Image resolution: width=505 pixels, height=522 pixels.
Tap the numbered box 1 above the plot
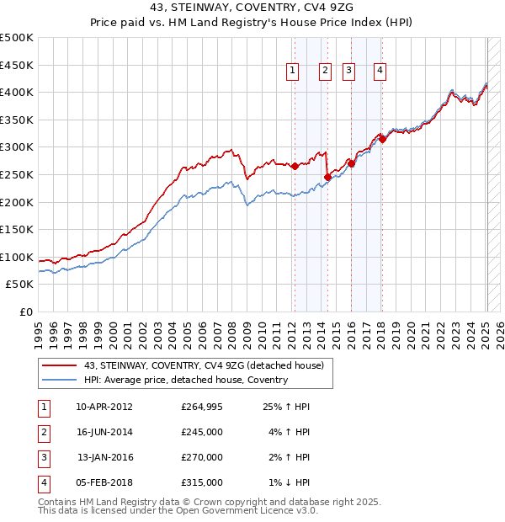(292, 72)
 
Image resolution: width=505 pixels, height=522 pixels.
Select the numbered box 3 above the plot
(348, 72)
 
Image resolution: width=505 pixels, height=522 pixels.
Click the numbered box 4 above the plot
(380, 72)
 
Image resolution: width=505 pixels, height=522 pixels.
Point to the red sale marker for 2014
(327, 177)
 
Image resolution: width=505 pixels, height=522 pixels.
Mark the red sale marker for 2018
(382, 139)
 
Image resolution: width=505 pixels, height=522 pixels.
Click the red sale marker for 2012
(295, 167)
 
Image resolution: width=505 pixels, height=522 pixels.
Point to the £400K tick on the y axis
(17, 92)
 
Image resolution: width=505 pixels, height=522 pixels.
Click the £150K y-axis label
(17, 229)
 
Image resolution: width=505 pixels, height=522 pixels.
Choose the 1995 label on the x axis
(38, 333)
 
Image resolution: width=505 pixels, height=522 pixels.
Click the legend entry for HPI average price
(185, 380)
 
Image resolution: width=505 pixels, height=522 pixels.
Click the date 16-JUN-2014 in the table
(104, 432)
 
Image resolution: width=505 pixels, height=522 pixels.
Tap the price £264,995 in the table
(202, 407)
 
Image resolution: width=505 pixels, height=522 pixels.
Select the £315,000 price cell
(202, 482)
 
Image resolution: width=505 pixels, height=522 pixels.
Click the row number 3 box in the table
(42, 457)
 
